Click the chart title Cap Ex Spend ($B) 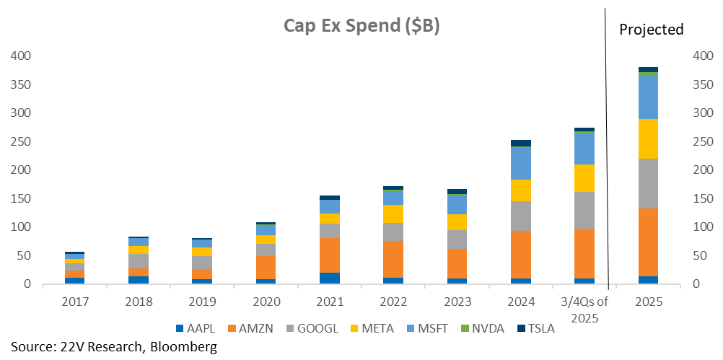pyautogui.click(x=361, y=25)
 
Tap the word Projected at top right pyautogui.click(x=651, y=30)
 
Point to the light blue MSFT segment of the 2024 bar pyautogui.click(x=520, y=164)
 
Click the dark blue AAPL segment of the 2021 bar pyautogui.click(x=330, y=278)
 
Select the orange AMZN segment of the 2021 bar pyautogui.click(x=330, y=255)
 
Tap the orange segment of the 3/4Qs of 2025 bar pyautogui.click(x=584, y=253)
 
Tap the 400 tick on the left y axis pyautogui.click(x=22, y=56)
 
